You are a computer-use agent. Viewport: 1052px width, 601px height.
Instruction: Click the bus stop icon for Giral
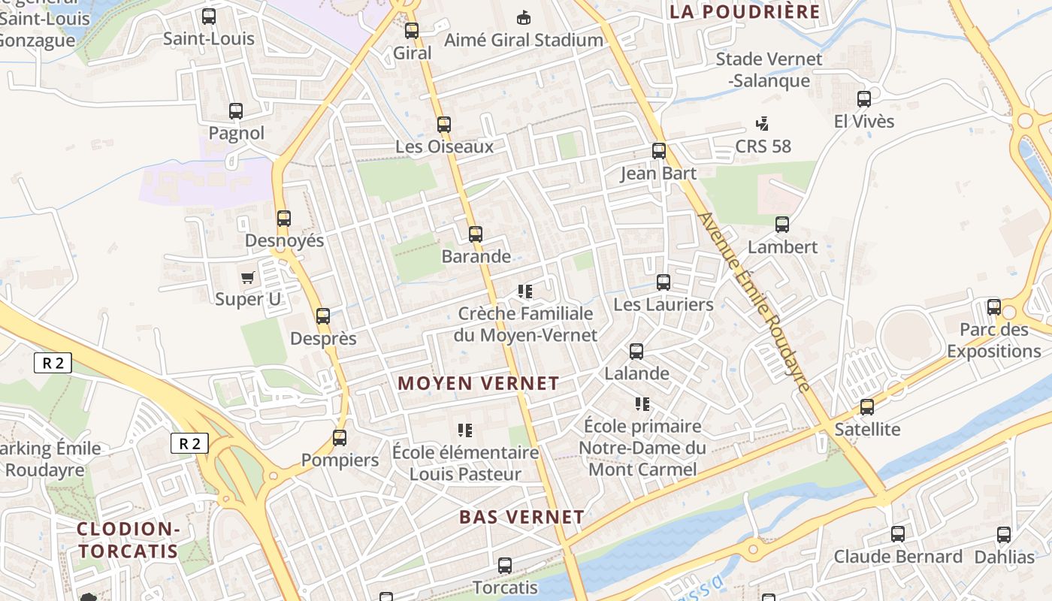coord(411,31)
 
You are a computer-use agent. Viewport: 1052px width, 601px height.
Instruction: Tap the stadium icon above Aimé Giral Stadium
coord(524,17)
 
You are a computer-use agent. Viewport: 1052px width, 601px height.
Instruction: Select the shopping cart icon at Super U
coord(248,277)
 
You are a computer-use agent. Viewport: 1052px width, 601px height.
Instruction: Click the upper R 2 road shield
coord(53,364)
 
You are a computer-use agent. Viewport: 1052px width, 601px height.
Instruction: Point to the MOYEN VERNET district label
coord(479,383)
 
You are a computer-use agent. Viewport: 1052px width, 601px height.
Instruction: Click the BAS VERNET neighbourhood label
coord(521,517)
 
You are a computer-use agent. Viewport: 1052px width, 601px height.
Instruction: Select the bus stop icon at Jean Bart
coord(659,151)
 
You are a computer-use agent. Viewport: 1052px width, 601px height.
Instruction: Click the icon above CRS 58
coord(763,123)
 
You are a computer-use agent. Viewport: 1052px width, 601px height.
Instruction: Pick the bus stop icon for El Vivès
coord(864,98)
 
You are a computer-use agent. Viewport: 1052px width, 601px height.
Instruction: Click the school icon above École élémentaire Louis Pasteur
coord(465,430)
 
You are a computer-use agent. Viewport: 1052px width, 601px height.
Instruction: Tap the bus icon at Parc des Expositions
coord(994,307)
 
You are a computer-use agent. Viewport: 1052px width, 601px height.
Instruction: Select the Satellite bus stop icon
coord(867,407)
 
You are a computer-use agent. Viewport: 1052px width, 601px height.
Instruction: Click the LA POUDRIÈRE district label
coord(745,12)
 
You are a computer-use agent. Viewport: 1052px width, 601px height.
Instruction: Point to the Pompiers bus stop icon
coord(340,437)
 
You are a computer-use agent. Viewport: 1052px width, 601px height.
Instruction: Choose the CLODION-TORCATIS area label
coord(128,540)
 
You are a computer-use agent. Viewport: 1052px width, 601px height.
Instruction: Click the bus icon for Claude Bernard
coord(898,534)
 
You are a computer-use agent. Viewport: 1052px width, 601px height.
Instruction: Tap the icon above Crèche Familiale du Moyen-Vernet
coord(525,291)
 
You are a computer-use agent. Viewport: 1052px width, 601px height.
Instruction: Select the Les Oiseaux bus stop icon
coord(444,124)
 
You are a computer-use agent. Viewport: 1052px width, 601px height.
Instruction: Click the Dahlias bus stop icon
coord(1004,535)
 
